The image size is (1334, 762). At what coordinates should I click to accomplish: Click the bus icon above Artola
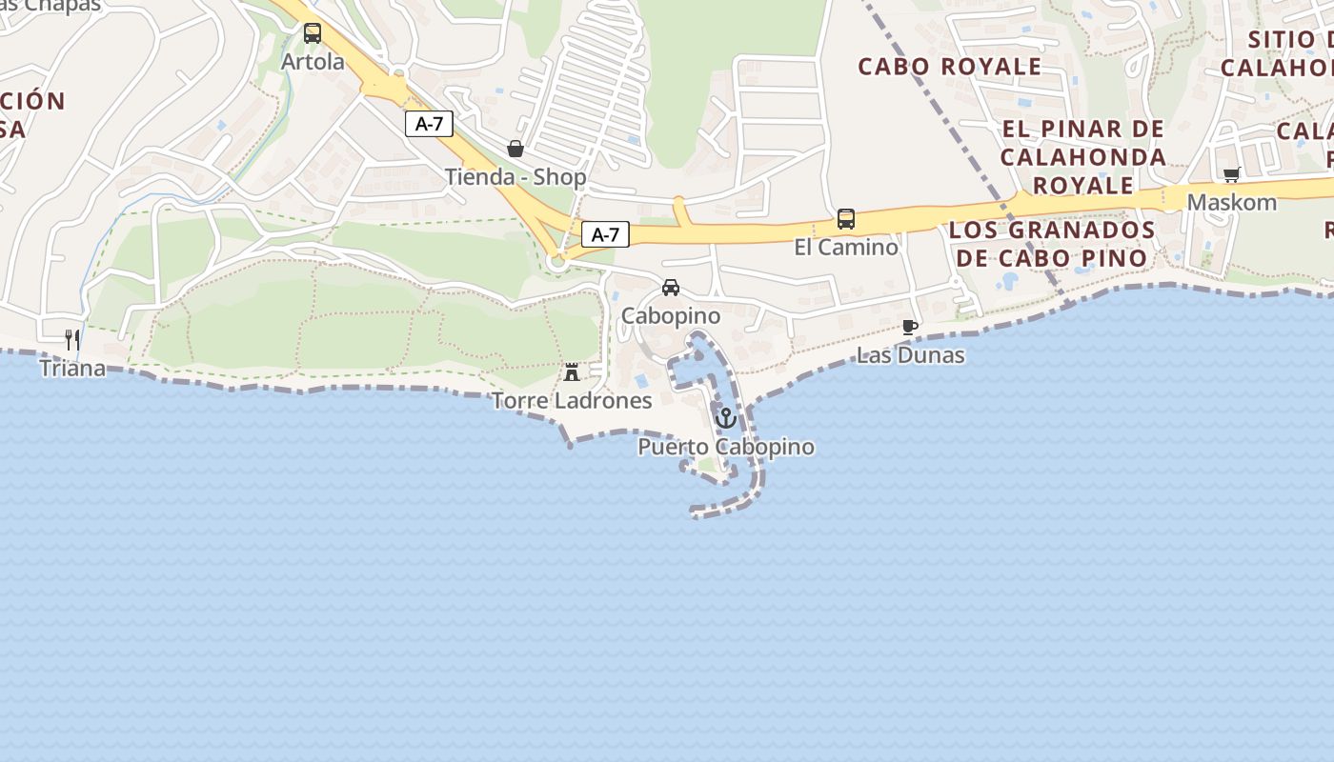[x=313, y=33]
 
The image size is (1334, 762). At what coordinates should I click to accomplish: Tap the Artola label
[x=313, y=62]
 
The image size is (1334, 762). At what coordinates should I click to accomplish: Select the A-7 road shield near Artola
[x=429, y=123]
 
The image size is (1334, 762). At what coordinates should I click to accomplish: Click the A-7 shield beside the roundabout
[x=605, y=234]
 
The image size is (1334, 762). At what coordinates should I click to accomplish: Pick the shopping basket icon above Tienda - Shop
[x=515, y=149]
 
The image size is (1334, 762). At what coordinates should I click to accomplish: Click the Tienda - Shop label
[x=515, y=177]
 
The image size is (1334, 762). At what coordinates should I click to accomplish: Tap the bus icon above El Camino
[x=846, y=219]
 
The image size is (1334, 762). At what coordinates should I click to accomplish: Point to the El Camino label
[x=846, y=248]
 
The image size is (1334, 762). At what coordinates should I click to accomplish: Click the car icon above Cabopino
[x=671, y=288]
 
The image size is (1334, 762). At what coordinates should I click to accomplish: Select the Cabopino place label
[x=671, y=315]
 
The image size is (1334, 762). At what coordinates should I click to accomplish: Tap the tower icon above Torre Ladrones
[x=572, y=372]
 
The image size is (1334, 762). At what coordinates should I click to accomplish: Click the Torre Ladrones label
[x=572, y=401]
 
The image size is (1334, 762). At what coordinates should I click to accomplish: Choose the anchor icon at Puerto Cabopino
[x=726, y=418]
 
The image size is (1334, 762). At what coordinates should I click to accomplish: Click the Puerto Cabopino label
[x=726, y=447]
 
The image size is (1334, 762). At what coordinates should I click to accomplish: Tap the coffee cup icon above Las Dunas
[x=910, y=328]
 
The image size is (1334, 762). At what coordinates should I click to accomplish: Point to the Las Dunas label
[x=910, y=356]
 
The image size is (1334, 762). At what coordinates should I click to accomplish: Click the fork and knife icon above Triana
[x=71, y=339]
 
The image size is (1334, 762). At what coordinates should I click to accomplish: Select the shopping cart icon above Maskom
[x=1231, y=175]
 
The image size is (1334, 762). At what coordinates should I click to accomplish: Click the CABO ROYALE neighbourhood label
[x=949, y=67]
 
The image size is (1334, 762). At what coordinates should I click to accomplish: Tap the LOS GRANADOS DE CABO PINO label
[x=1052, y=244]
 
